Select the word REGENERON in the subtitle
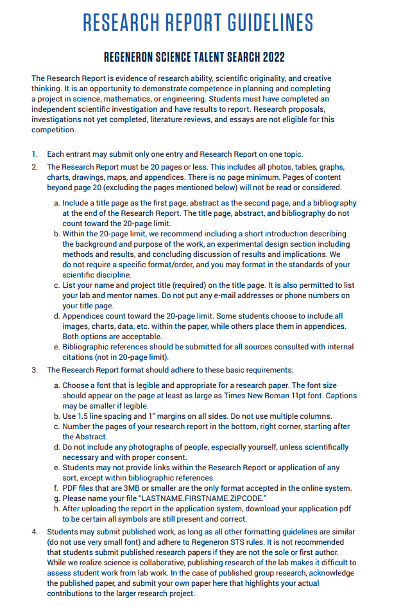coord(134,57)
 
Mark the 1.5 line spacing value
coord(86,416)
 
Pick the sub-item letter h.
coord(56,509)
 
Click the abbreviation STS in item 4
coord(281,542)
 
